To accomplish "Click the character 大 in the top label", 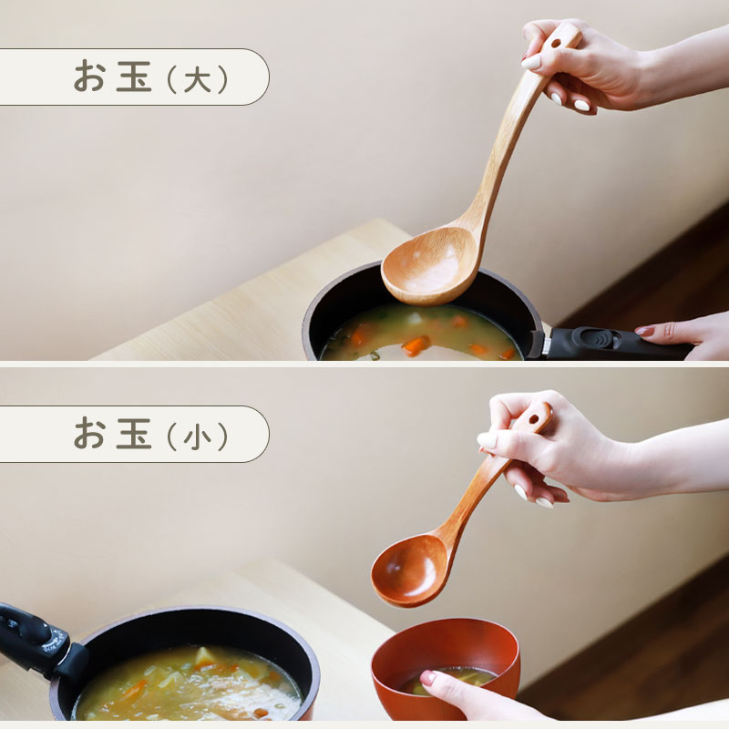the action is click(x=197, y=80).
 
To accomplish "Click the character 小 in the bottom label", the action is click(x=197, y=437).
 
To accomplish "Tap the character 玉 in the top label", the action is click(x=133, y=77).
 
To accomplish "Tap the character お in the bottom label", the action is click(x=89, y=434).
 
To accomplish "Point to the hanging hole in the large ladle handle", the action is click(x=556, y=45).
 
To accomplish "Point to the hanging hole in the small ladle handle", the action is click(x=534, y=420).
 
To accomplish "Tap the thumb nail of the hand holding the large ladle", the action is click(x=531, y=62).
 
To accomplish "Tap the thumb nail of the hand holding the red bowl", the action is click(x=427, y=678).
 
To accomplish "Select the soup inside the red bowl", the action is click(x=447, y=680).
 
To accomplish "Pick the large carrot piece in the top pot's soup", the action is click(x=416, y=346).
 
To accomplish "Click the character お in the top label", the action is click(x=89, y=77).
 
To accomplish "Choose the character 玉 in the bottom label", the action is click(x=133, y=434).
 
